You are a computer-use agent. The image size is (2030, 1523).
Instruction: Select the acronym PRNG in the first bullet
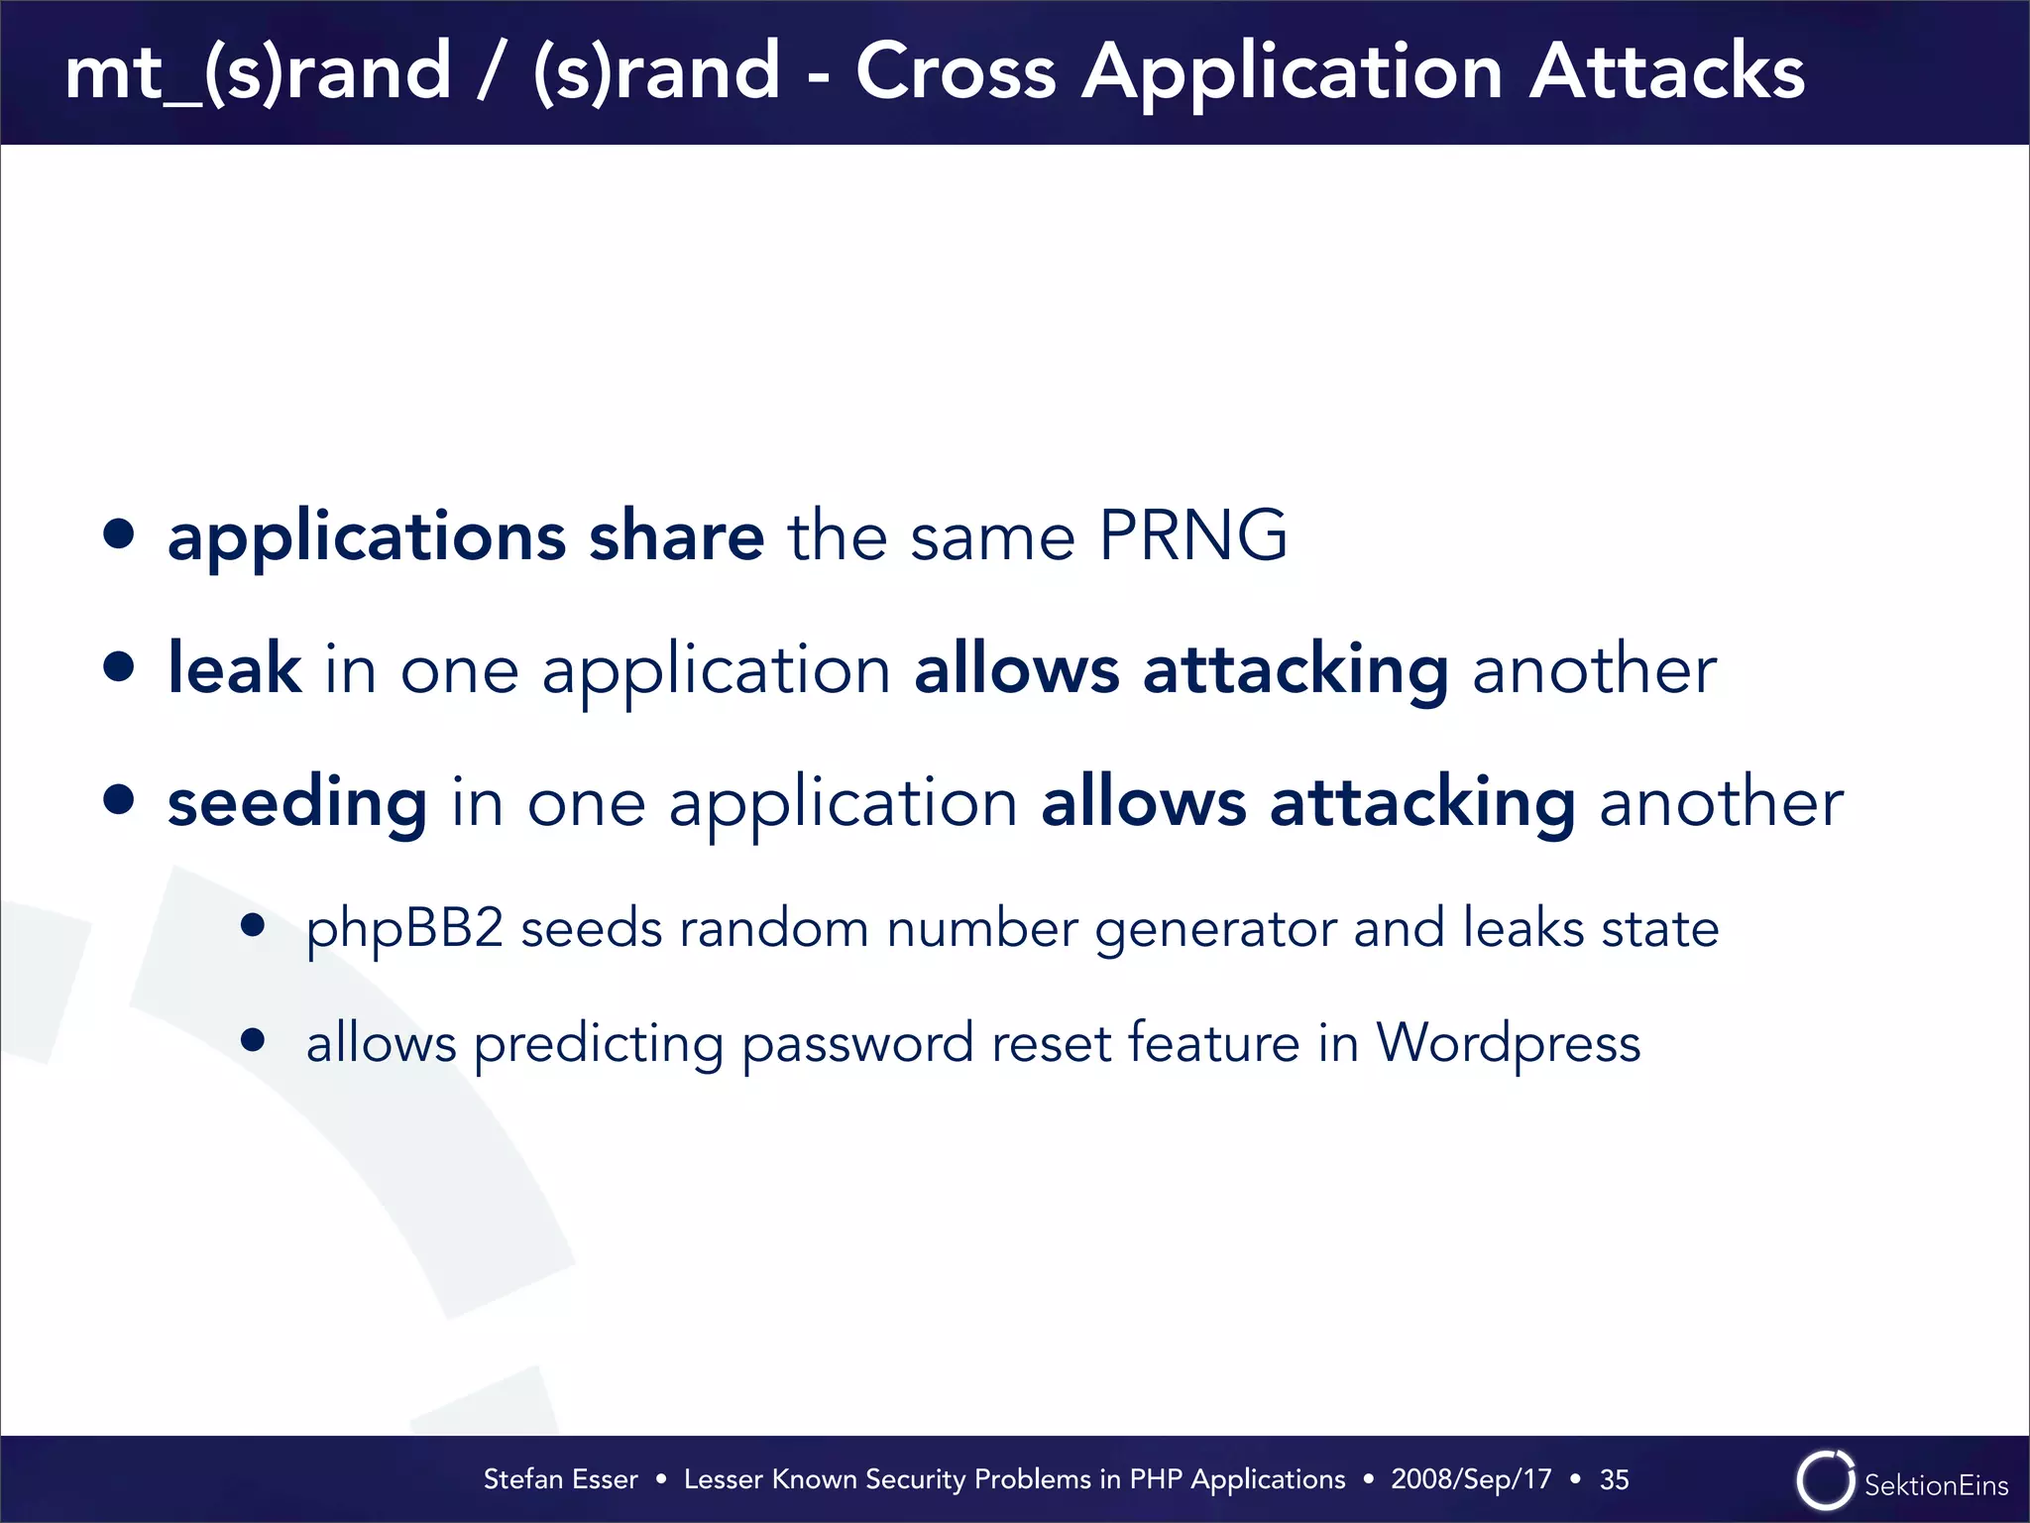point(1192,536)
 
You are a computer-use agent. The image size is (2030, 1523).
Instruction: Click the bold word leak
point(234,668)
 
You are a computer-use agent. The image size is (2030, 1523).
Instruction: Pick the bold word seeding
point(297,803)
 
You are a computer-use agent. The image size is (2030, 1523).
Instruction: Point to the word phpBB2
point(404,930)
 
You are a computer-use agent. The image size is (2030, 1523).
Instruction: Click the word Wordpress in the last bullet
point(1508,1043)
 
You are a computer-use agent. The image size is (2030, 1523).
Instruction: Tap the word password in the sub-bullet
point(857,1045)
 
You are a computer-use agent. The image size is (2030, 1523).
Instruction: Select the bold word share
point(676,536)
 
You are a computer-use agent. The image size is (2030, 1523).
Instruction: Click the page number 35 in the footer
point(1614,1479)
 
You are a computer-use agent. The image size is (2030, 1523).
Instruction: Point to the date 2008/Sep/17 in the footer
point(1471,1479)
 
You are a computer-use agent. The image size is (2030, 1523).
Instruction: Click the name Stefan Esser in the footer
point(560,1479)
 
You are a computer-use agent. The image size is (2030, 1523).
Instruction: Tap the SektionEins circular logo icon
point(1825,1480)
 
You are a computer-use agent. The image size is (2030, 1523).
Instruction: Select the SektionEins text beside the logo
point(1936,1485)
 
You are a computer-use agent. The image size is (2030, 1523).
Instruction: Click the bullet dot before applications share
point(119,533)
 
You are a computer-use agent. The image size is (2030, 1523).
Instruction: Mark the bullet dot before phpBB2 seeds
point(253,925)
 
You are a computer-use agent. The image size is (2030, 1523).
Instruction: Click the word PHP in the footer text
point(1156,1479)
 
